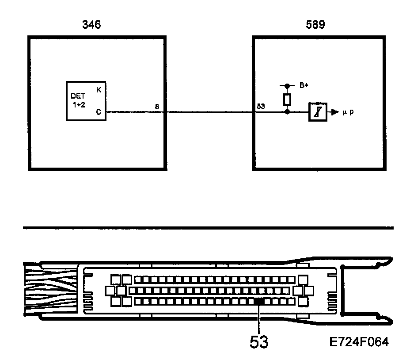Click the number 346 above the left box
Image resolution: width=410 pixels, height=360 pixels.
[91, 25]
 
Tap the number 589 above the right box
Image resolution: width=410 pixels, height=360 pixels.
[315, 25]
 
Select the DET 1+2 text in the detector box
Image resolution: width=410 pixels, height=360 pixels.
[78, 100]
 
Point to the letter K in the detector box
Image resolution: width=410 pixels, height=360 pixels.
[98, 89]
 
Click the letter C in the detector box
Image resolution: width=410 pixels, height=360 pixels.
[98, 112]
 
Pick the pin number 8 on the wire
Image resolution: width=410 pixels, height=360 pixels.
[157, 107]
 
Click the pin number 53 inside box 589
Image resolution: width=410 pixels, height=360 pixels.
[261, 107]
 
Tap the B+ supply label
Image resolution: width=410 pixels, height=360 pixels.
[304, 86]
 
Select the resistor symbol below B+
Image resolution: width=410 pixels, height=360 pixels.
[287, 99]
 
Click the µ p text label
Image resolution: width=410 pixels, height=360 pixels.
[349, 112]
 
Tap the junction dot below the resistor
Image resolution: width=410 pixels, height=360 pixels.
[287, 112]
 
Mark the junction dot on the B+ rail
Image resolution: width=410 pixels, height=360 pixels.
[287, 86]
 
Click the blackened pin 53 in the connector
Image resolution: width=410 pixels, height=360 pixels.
[259, 301]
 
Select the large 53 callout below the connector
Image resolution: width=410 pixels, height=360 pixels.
[259, 342]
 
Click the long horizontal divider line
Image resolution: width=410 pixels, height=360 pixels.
[208, 228]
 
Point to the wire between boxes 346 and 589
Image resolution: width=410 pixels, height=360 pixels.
[208, 112]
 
